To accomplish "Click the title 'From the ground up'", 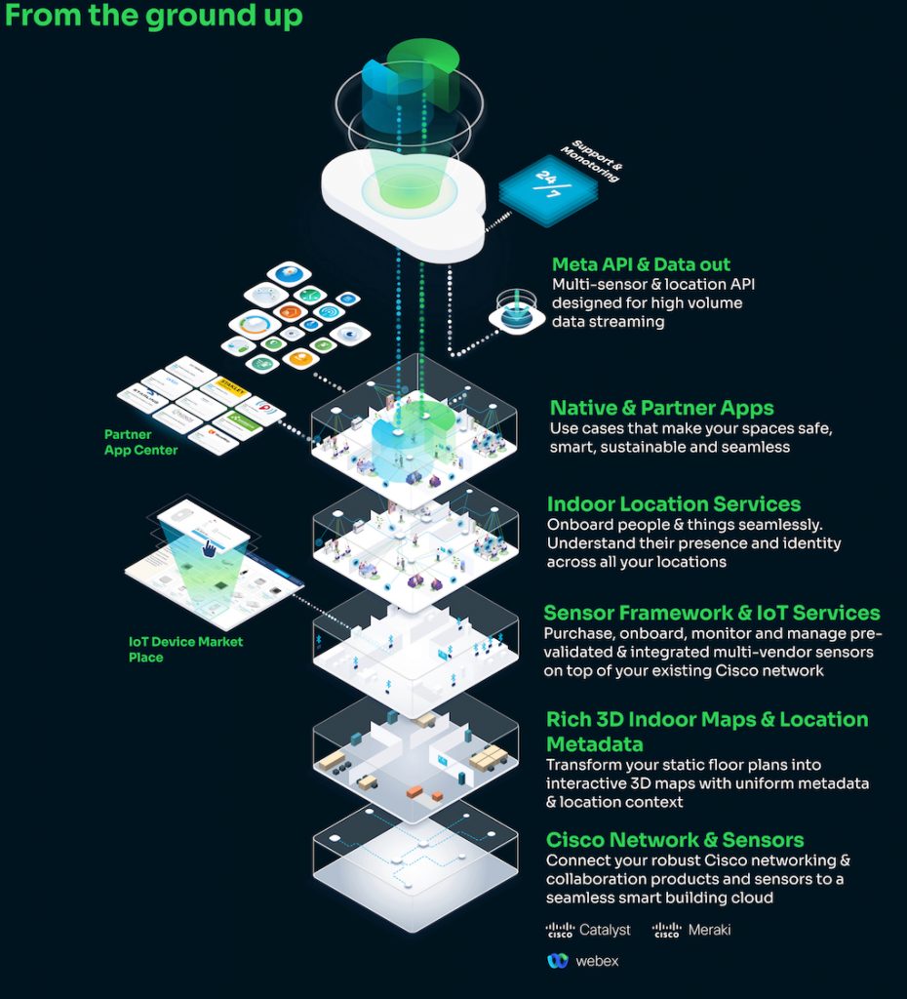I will (154, 17).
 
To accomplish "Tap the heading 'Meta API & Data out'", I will (641, 264).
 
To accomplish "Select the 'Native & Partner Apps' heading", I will (661, 408).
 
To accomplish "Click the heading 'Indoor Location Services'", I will (674, 504).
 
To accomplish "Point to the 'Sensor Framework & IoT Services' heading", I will (711, 613).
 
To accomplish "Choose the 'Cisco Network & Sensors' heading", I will (675, 840).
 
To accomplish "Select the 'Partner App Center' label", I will (141, 442).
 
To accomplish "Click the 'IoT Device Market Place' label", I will (185, 649).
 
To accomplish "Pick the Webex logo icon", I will (558, 961).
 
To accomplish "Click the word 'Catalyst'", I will (605, 930).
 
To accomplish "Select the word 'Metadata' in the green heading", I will (595, 744).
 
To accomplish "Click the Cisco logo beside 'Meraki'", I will (667, 930).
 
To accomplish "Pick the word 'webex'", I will (596, 961).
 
